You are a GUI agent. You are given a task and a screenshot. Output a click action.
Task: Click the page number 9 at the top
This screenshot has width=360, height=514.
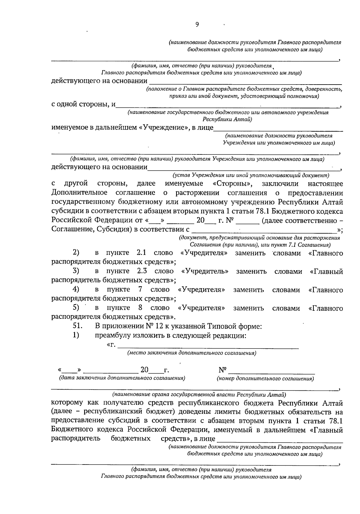tap(197, 25)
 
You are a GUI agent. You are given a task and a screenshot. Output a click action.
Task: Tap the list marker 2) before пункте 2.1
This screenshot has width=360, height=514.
tap(76, 253)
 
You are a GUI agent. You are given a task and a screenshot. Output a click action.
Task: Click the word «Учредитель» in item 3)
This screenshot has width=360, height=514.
tap(205, 271)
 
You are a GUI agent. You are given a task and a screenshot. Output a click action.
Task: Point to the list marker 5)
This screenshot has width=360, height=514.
tap(76, 308)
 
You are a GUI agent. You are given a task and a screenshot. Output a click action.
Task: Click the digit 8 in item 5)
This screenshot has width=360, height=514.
tap(140, 308)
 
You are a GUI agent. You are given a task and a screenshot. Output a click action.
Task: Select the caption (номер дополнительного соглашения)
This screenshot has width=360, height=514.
tap(265, 379)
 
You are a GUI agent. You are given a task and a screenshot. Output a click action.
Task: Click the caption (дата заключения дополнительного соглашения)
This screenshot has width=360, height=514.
tap(122, 378)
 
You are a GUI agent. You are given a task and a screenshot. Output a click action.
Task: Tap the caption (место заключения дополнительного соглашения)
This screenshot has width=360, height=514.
tap(192, 353)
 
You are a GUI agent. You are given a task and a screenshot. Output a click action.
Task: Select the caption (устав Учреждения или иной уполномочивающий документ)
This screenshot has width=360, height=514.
tap(251, 175)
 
